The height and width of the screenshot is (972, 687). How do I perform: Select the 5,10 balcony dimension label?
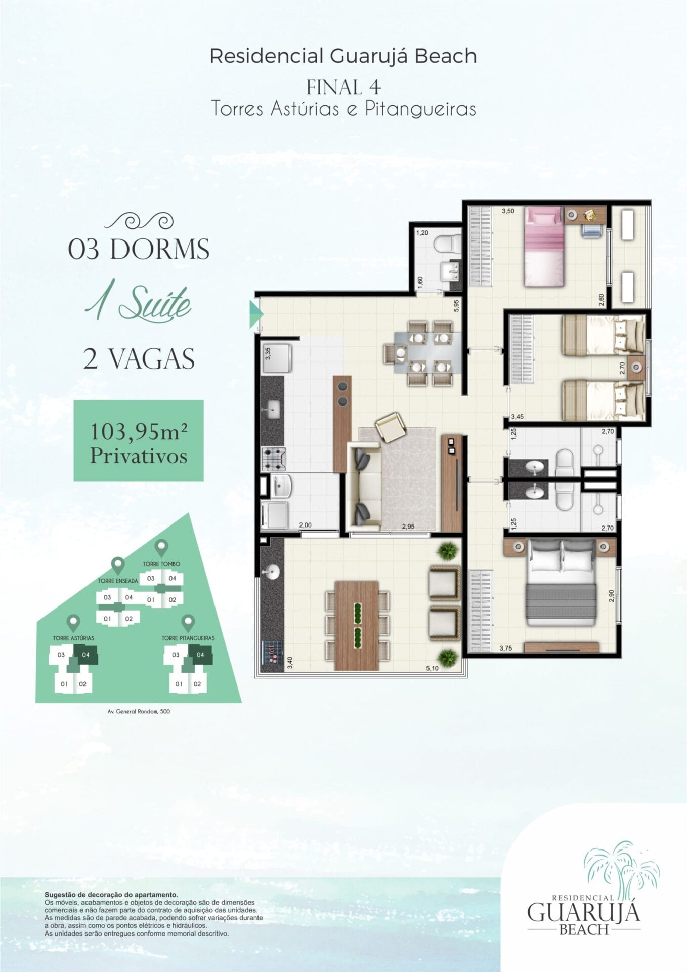coord(432,668)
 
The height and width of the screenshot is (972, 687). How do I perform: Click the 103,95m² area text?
coord(139,432)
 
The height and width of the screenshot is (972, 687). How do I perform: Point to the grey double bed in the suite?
coord(562,582)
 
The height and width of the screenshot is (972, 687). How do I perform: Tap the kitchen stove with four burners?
coord(274,459)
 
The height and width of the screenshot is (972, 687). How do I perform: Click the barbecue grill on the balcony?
coord(272,653)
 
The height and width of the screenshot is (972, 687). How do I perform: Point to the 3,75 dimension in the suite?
coord(505,648)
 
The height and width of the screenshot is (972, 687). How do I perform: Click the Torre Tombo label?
coord(161,564)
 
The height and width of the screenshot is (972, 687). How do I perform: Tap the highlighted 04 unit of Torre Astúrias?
coord(85,655)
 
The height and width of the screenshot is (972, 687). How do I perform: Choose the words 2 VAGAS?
coord(139,359)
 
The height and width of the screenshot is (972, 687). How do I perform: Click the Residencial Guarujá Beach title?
coord(343,56)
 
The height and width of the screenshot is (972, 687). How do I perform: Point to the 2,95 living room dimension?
coord(408,526)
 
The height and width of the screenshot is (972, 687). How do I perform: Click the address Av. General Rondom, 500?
coord(139,711)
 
